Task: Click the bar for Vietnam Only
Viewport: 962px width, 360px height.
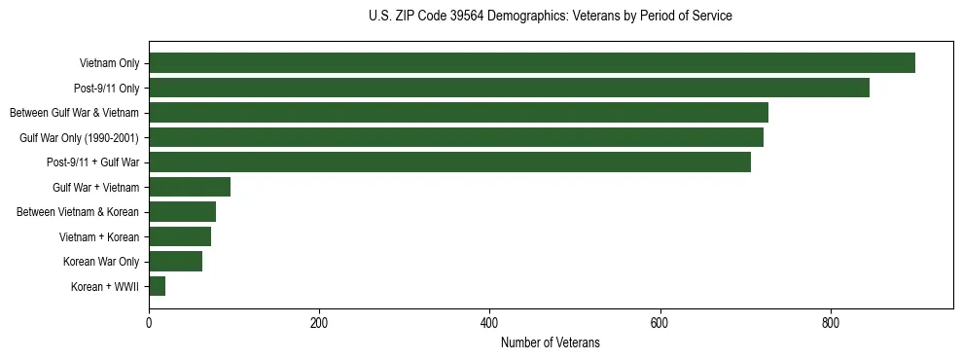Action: (532, 63)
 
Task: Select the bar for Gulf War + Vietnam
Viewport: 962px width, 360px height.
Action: (190, 187)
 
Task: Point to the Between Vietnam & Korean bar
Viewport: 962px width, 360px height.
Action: (182, 212)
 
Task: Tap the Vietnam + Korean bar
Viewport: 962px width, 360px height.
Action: (180, 236)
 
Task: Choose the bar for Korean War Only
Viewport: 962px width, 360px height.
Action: (175, 261)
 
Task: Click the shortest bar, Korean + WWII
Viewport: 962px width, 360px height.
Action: (157, 286)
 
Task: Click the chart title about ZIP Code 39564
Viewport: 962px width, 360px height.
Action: (551, 17)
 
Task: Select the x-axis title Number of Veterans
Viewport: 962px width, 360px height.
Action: (551, 343)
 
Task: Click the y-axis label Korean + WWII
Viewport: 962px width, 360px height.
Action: (104, 286)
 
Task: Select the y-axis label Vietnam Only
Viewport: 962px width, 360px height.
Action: (109, 63)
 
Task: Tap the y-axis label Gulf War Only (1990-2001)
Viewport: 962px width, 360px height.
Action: (79, 137)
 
